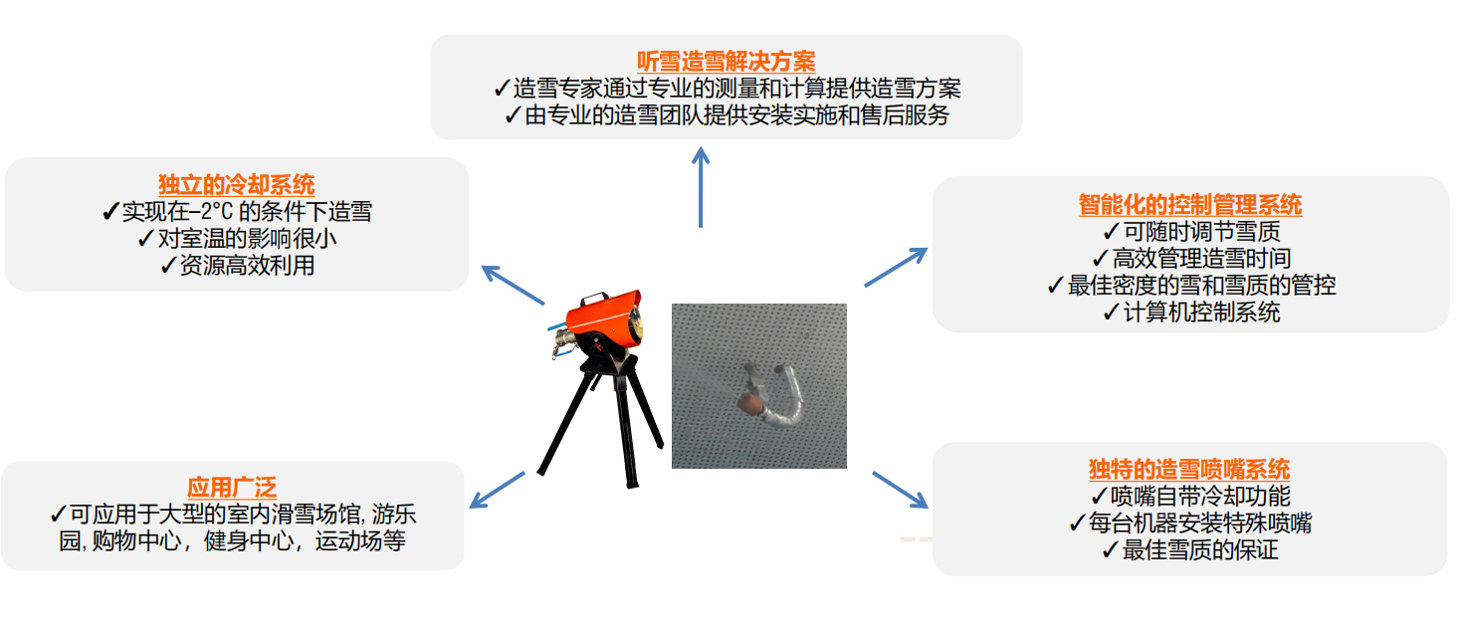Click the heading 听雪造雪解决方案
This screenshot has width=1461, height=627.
coord(726,62)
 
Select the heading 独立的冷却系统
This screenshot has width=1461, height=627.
coord(237,185)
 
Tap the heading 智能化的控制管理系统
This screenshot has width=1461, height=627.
coord(1190,205)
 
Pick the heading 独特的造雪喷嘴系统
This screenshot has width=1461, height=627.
coord(1189,469)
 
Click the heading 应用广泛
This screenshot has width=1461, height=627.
coord(232,488)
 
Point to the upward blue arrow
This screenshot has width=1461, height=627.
coord(701,187)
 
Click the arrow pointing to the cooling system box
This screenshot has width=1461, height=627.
coord(513,285)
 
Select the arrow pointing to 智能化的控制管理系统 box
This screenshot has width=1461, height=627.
coord(896,266)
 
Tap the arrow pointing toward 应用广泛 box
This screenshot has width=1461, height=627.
coord(497,490)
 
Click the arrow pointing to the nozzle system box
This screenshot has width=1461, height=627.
coord(900,490)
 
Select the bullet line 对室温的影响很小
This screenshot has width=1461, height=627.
coord(238,238)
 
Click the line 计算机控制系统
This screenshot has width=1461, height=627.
coord(1191,313)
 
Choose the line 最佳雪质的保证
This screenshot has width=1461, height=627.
coord(1189,549)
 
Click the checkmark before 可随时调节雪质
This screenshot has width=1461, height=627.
coord(1111,232)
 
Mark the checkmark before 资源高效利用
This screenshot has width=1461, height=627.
coord(168,265)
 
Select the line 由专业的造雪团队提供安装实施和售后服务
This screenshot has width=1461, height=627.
coord(727,114)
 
